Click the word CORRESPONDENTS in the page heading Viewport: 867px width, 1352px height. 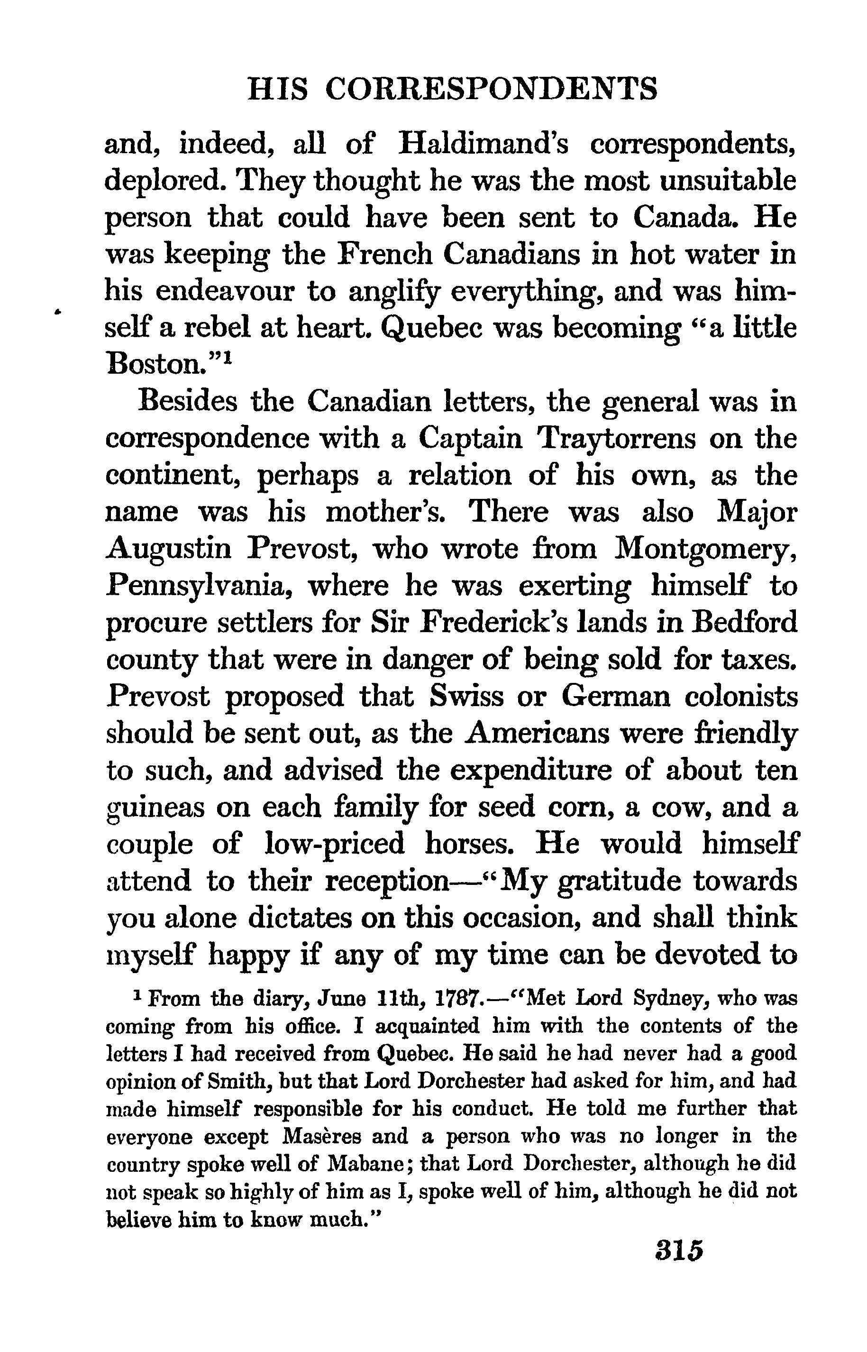point(492,90)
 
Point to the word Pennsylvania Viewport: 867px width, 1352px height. point(198,587)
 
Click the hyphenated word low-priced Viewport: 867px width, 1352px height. point(334,845)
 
